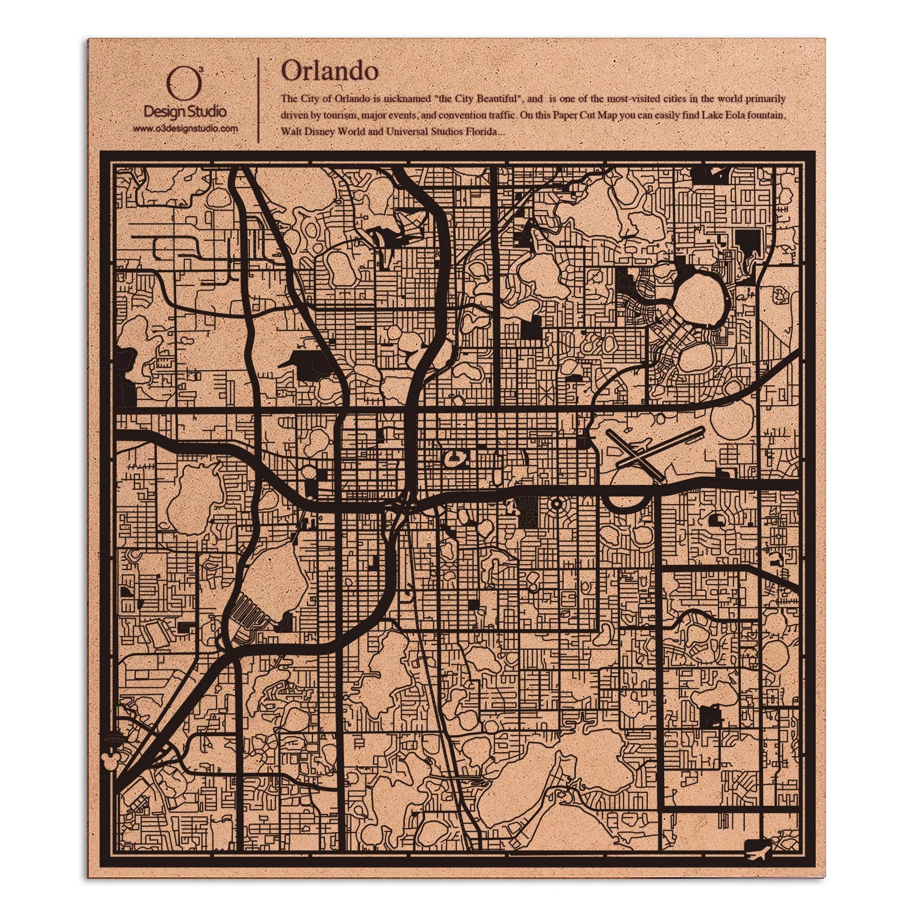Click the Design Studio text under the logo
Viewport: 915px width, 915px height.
[x=185, y=112]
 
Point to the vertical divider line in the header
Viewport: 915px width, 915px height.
[x=258, y=99]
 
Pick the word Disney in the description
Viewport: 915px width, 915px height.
[x=318, y=132]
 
